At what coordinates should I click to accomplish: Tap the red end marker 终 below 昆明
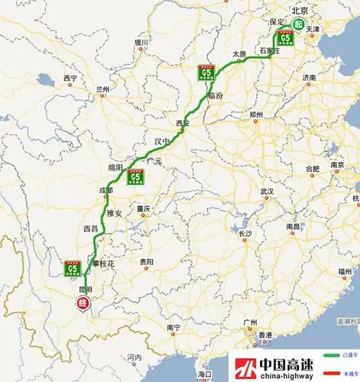[83, 305]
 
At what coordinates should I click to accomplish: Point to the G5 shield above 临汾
[206, 76]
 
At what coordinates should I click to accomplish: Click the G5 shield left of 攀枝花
[73, 269]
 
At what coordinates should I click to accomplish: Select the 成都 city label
[105, 191]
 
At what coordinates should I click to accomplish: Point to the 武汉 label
[266, 191]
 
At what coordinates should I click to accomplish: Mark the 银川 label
[141, 43]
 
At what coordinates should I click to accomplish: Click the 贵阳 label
[146, 261]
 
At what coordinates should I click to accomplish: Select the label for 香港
[264, 335]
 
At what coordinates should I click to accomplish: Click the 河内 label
[135, 357]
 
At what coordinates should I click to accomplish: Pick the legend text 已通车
[350, 356]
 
